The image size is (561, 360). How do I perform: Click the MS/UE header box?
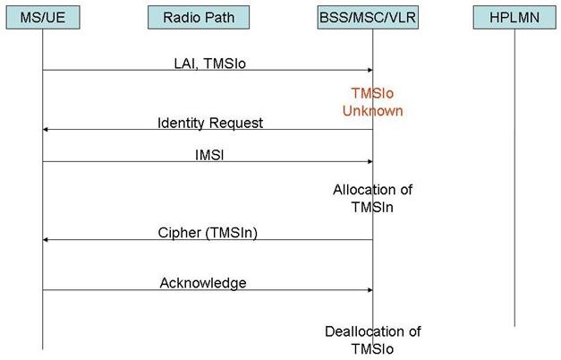43,18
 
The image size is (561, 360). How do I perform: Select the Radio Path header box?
199,18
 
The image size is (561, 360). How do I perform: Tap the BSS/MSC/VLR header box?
368,18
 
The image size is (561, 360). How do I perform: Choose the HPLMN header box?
514,18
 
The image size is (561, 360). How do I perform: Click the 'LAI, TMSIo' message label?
210,64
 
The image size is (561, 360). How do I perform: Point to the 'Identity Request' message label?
210,123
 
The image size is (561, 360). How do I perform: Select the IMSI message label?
209,155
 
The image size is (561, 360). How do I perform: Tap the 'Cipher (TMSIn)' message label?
208,233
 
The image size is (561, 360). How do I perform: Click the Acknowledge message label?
203,283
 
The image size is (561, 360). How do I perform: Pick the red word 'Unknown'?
372,111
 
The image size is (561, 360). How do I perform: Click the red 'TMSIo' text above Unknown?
372,93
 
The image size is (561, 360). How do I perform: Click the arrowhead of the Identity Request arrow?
45,129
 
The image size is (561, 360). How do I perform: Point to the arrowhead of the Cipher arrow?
45,240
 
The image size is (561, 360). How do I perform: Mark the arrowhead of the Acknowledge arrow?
370,290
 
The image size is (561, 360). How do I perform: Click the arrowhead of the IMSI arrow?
370,161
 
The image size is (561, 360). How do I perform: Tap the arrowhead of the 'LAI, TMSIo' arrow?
370,70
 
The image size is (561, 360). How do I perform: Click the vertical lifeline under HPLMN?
514,177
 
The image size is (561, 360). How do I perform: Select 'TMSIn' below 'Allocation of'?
372,207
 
